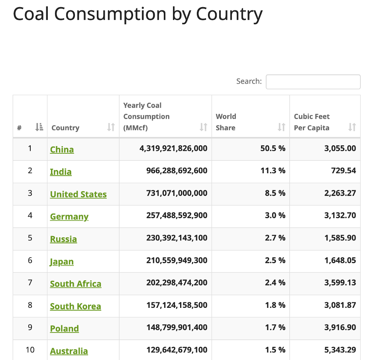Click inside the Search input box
[313, 82]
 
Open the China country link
[62, 150]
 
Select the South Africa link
[76, 284]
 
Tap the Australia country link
[69, 351]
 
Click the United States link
[79, 194]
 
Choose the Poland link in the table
[65, 329]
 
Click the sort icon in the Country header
[111, 127]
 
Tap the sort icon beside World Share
[281, 127]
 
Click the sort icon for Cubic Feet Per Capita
[352, 127]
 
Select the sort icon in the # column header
[39, 127]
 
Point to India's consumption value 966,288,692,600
[177, 171]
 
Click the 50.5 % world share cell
[271, 149]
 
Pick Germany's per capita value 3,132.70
[340, 215]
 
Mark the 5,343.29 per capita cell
[340, 350]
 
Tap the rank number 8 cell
[30, 305]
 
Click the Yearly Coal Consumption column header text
[146, 116]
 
